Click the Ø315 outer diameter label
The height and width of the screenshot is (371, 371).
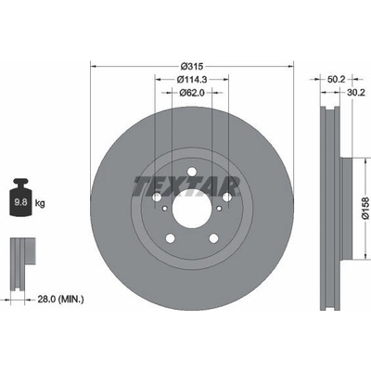tap(192, 66)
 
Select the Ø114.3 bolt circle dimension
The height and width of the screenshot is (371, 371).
tap(192, 80)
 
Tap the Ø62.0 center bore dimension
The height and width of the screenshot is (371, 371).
tap(192, 93)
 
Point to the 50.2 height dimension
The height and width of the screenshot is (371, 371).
tap(336, 80)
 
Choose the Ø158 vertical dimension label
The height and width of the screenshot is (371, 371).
tap(365, 208)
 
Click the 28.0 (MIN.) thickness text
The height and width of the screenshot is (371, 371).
tap(60, 300)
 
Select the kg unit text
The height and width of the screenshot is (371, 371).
tap(40, 203)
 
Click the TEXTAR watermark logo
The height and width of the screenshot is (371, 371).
tap(186, 186)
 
